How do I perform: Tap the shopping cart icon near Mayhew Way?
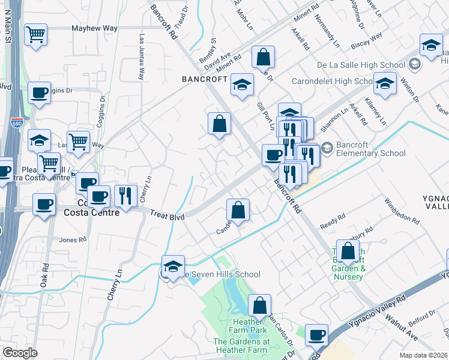click(x=36, y=34)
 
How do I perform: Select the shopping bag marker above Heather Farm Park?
click(x=259, y=305)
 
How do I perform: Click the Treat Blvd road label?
click(x=166, y=214)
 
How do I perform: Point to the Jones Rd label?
click(x=73, y=239)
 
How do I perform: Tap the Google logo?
click(x=20, y=353)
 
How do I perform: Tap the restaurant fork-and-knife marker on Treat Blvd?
click(x=125, y=195)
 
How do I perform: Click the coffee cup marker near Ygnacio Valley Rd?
click(x=316, y=335)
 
